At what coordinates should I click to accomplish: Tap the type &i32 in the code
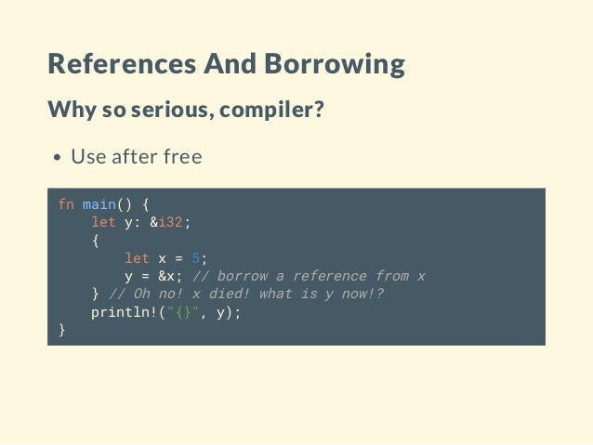coord(170,222)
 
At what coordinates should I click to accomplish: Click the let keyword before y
coord(103,222)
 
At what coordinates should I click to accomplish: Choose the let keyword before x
coord(137,258)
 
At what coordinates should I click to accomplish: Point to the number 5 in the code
coord(195,258)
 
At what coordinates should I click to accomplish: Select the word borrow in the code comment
coord(244,276)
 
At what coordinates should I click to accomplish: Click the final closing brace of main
coord(61,331)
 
